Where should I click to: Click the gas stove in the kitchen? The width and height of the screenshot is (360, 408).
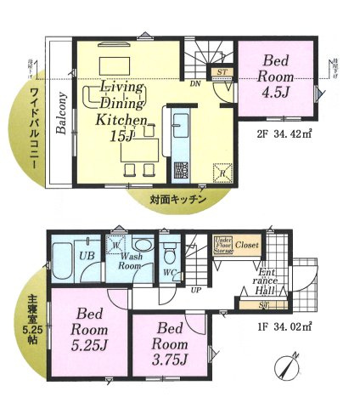tap(180, 170)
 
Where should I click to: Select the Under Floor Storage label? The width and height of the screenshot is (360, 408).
tap(223, 245)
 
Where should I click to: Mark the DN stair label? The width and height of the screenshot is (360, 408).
tap(194, 83)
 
